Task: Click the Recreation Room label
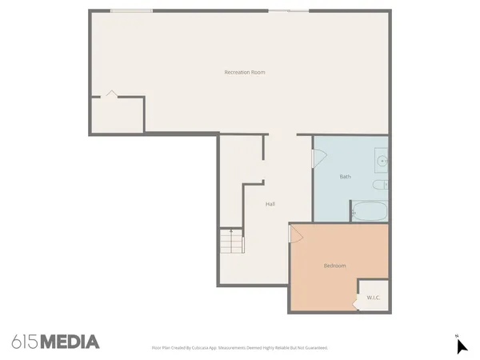point(245,73)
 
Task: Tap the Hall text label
point(270,204)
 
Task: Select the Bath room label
point(345,177)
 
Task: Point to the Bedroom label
point(334,266)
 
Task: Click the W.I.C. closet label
point(373,298)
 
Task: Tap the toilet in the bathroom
point(381,186)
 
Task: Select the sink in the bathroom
point(382,162)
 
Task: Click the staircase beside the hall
point(230,241)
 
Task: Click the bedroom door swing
point(295,234)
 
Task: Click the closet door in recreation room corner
point(111,94)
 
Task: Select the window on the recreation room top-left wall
point(131,10)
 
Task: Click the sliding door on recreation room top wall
point(288,10)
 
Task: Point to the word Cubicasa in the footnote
point(191,348)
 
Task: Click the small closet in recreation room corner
point(116,114)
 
